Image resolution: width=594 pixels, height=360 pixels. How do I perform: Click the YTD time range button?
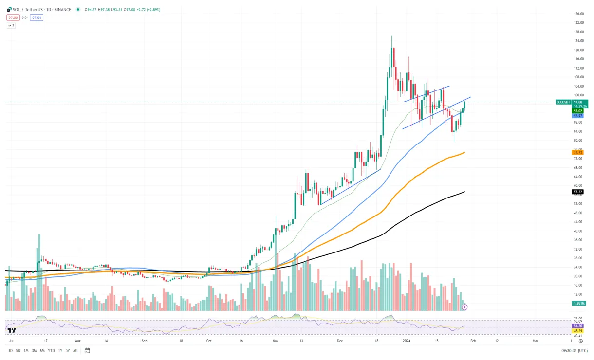51,350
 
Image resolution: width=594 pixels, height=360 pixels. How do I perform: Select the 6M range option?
42,350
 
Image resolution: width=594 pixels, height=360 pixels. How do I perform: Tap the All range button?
75,350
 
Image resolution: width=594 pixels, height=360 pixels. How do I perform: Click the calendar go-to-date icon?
87,350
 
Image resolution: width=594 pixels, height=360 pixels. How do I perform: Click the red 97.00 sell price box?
12,18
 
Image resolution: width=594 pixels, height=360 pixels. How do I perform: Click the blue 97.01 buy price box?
37,18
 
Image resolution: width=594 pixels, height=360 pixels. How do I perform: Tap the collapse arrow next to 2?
11,25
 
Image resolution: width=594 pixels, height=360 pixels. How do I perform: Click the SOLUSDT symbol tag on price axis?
563,102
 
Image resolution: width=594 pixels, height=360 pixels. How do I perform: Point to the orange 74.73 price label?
578,152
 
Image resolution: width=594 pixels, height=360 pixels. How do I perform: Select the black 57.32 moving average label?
578,192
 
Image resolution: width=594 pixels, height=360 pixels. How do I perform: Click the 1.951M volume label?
578,303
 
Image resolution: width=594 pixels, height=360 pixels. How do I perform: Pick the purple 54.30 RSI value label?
578,325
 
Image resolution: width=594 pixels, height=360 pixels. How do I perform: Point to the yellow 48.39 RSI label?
578,330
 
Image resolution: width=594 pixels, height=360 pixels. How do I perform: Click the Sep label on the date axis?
145,342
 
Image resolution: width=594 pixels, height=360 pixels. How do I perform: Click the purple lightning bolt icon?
465,307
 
